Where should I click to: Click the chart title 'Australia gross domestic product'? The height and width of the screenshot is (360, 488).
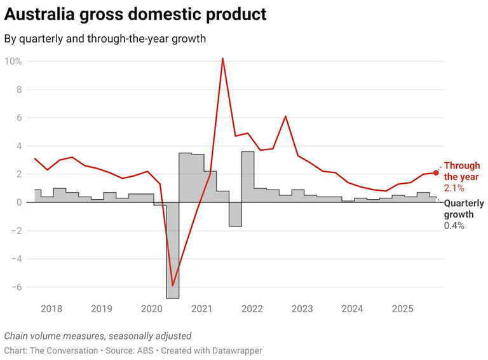pos(135,13)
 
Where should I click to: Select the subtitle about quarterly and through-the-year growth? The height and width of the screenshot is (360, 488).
pos(105,39)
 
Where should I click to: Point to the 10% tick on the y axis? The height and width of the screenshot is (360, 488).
pos(13,61)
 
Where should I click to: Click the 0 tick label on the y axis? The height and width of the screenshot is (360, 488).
pos(20,202)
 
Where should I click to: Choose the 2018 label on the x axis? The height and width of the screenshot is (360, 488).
pos(51,309)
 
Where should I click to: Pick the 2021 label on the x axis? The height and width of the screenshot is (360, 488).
pos(201,309)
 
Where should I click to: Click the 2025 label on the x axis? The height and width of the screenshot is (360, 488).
pos(402,309)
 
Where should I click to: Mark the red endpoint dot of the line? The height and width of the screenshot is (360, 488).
pos(436,172)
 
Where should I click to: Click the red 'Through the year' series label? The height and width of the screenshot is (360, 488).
pos(462,171)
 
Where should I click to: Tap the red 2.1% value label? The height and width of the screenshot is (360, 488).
pos(454,188)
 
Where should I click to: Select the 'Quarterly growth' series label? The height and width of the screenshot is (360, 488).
pos(464,209)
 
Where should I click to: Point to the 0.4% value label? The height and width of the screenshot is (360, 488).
pos(454,225)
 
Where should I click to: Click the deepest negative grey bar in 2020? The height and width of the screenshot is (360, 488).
pos(172,254)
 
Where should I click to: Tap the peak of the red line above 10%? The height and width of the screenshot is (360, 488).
pos(222,59)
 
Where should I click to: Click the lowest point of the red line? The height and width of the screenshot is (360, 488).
pos(172,286)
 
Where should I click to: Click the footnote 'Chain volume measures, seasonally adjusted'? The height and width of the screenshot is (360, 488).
pos(98,336)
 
